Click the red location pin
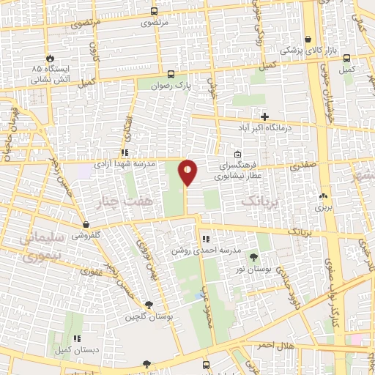coord(187,172)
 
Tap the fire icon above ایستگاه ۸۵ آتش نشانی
coord(50,57)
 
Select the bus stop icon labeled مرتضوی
coord(154,12)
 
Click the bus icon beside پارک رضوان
coord(171,74)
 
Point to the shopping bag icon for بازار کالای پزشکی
coord(309,40)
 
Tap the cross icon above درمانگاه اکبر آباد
coord(265,116)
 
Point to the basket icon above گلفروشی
coord(87,225)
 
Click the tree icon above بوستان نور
coord(253,256)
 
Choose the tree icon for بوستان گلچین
coord(149,305)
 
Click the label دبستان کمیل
coord(75,350)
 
